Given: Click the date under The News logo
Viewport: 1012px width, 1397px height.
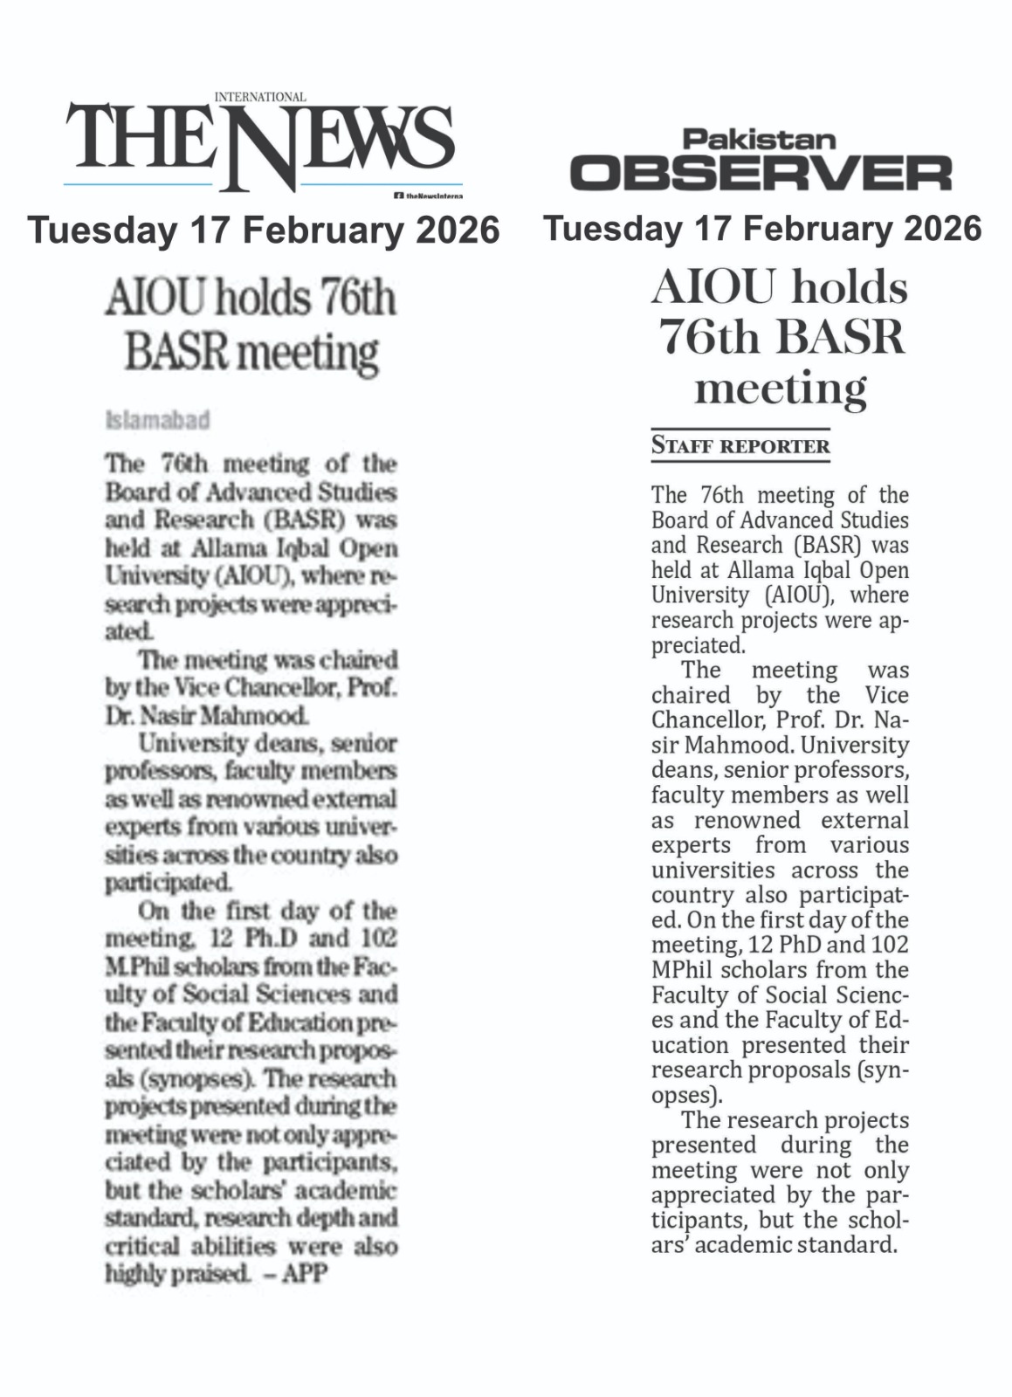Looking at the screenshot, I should click(263, 230).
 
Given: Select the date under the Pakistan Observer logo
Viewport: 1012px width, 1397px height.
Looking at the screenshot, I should click(761, 228).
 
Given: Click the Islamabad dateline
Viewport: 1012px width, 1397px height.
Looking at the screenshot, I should click(157, 421).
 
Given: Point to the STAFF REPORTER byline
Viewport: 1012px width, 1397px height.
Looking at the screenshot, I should click(740, 446).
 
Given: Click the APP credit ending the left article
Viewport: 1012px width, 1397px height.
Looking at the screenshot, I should click(306, 1274).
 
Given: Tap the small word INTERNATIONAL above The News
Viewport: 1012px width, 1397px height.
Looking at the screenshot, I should click(260, 97).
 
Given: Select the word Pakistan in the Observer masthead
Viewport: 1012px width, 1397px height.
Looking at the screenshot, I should click(759, 139).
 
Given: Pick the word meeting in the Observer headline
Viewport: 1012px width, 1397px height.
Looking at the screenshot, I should click(780, 387).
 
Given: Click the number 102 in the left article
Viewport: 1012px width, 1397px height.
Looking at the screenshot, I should click(378, 939).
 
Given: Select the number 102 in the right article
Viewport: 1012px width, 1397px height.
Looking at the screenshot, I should click(890, 945).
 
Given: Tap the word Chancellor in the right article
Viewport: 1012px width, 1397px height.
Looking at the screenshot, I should click(701, 720).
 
